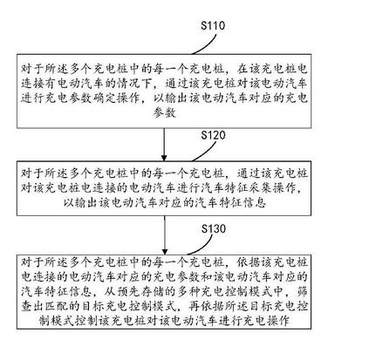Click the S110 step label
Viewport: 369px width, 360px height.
pos(213,25)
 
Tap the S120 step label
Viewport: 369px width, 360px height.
pos(213,135)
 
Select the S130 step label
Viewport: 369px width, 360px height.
pos(214,228)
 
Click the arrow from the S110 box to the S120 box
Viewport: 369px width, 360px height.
pos(164,145)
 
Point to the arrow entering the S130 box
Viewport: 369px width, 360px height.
pos(165,235)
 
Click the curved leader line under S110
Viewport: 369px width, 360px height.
pos(208,46)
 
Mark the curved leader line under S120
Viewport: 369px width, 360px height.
pos(208,153)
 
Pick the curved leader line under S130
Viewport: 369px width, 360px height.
pos(203,247)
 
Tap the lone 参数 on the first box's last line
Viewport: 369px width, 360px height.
pos(164,112)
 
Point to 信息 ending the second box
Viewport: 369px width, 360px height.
pos(255,202)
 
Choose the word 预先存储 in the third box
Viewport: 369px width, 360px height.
pos(140,291)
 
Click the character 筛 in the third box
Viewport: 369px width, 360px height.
pos(302,291)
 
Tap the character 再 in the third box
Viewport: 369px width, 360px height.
pos(195,306)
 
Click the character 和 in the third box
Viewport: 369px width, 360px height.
pos(207,277)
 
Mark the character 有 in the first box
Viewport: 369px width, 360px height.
pos(51,84)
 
